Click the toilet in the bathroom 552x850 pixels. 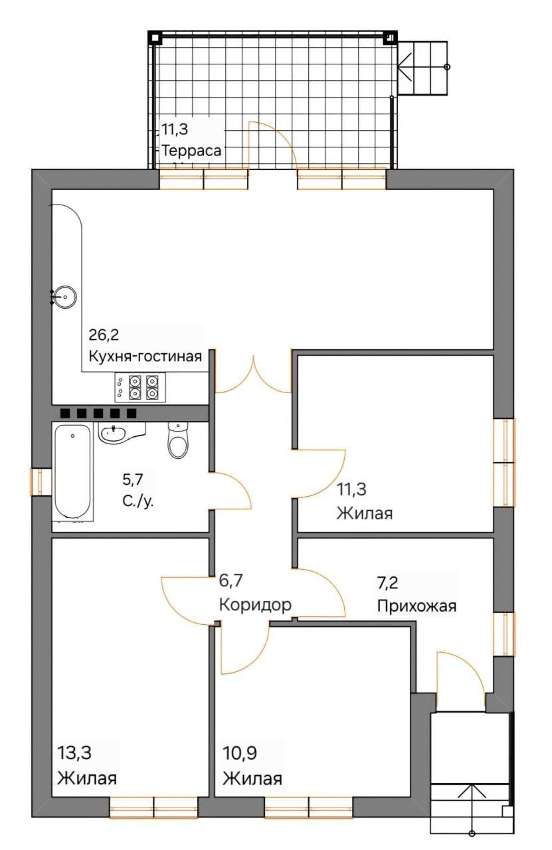tap(177, 440)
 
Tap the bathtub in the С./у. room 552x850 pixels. tap(73, 471)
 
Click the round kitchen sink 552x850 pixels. tap(65, 297)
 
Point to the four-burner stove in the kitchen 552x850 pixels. tap(140, 387)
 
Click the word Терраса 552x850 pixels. tap(191, 151)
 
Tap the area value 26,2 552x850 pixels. tap(104, 335)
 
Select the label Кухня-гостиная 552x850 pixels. tap(145, 357)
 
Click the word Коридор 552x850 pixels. tap(255, 604)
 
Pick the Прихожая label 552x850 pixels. tap(416, 606)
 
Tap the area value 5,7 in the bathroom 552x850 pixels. tap(132, 479)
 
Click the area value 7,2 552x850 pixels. tap(388, 582)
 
